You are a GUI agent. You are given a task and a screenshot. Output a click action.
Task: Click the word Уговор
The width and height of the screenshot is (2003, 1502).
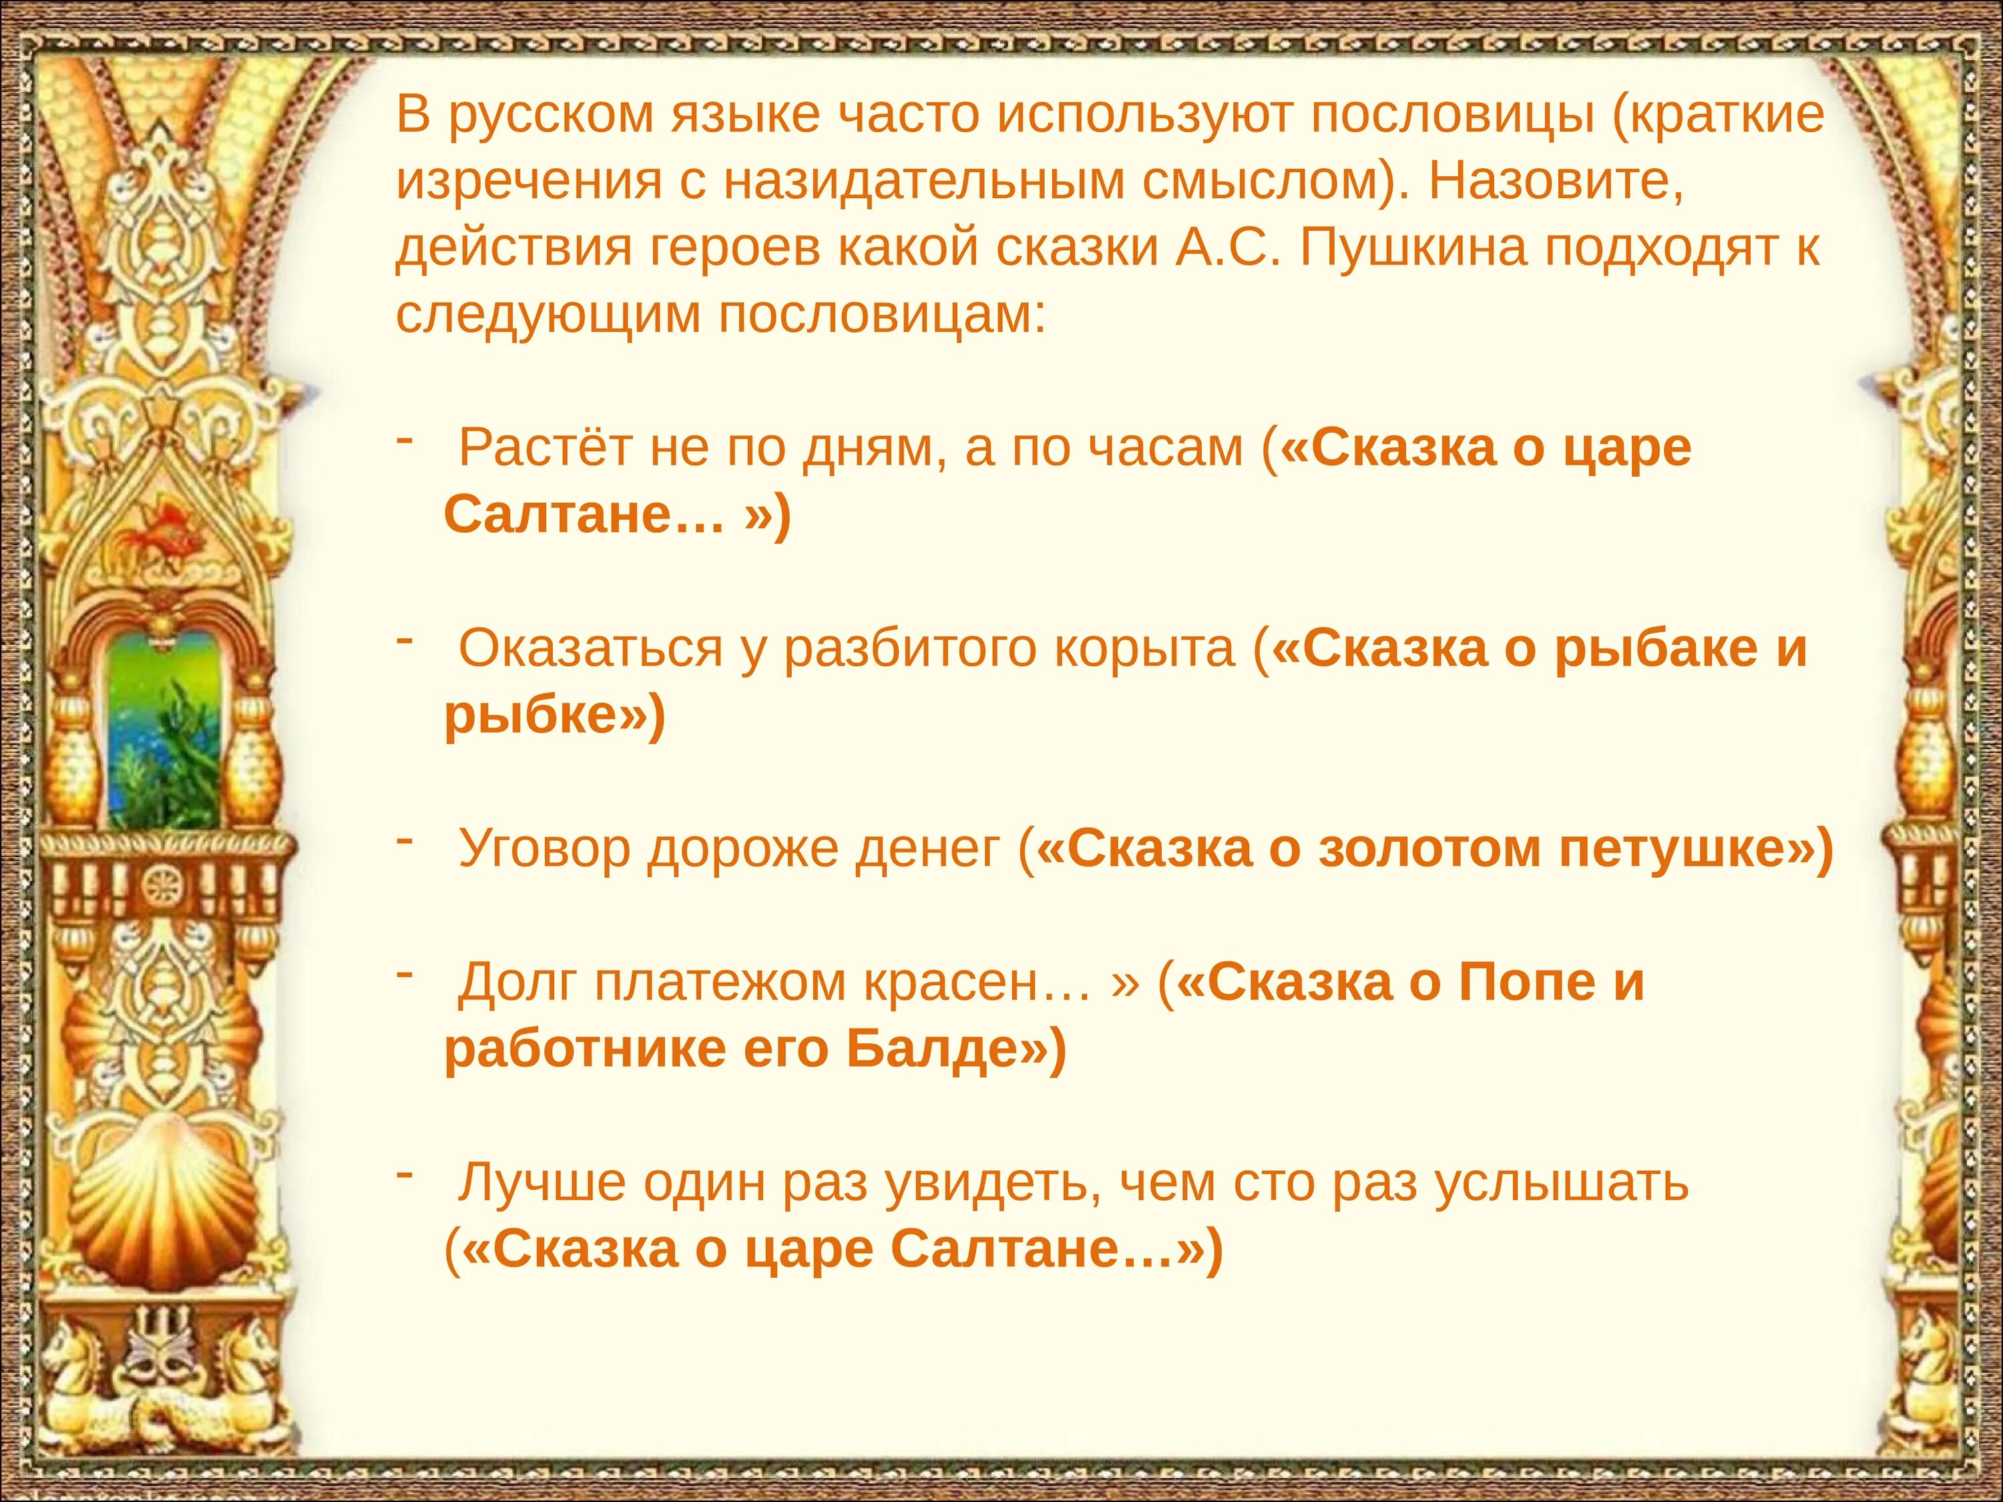point(543,848)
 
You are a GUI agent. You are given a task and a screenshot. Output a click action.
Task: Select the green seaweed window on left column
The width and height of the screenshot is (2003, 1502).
point(163,729)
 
